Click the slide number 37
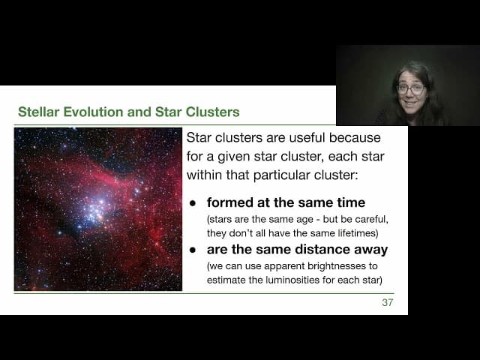click(x=387, y=302)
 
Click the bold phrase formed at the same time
click(x=286, y=202)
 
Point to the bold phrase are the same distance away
click(x=296, y=250)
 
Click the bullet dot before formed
click(x=193, y=203)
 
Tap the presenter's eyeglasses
click(x=410, y=89)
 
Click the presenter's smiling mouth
click(x=410, y=103)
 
